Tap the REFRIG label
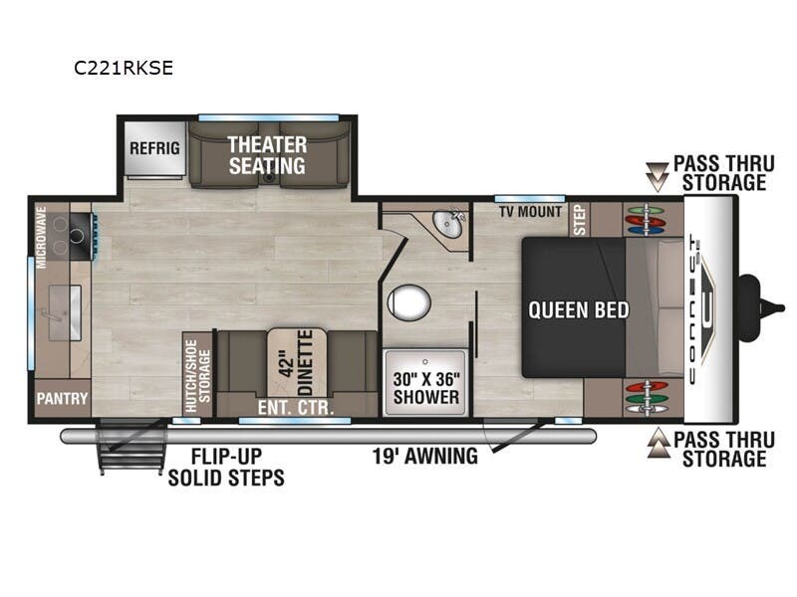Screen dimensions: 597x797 (154, 148)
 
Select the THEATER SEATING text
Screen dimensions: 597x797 (266, 155)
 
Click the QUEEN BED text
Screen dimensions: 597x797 (579, 309)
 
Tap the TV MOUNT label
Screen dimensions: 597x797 (531, 212)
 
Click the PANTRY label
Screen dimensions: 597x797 (61, 399)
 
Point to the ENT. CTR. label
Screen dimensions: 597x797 (295, 407)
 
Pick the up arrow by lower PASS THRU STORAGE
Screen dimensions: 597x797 (656, 446)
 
